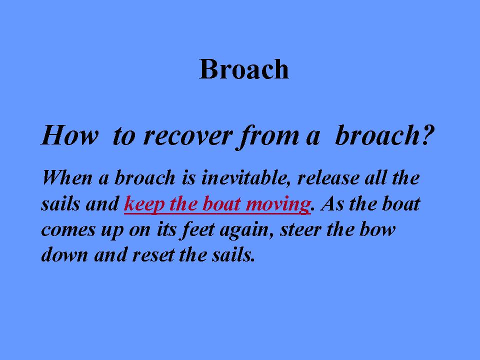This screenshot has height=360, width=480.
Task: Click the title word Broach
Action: (x=243, y=69)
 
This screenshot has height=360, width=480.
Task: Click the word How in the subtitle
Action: (x=70, y=135)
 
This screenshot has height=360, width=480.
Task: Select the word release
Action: (x=328, y=178)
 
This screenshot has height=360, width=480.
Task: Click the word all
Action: (x=376, y=177)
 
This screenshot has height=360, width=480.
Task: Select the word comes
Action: (x=68, y=230)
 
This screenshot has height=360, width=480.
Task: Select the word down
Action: (x=64, y=254)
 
